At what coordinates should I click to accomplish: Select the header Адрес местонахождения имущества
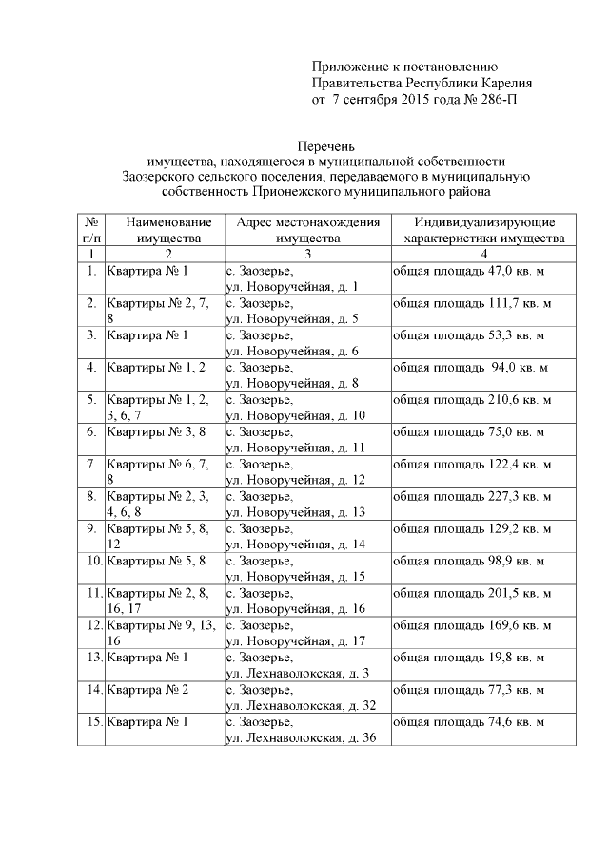(x=306, y=229)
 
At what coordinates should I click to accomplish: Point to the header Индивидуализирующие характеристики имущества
(x=483, y=229)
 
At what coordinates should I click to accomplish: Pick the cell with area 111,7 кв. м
(x=472, y=303)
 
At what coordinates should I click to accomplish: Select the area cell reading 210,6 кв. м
(x=472, y=399)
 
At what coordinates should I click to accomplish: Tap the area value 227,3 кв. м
(x=472, y=495)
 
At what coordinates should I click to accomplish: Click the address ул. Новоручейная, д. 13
(x=295, y=511)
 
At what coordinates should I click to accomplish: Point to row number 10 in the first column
(x=90, y=561)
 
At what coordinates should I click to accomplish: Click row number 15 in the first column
(x=90, y=721)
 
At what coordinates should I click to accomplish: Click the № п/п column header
(x=90, y=229)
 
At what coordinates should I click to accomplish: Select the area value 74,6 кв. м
(x=469, y=721)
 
